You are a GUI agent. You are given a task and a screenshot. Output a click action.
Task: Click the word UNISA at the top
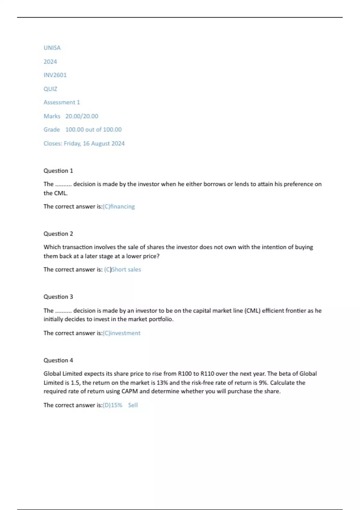pos(52,48)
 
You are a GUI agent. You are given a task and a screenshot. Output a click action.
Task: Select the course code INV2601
pos(55,75)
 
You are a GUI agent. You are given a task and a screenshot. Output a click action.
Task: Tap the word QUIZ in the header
pos(50,89)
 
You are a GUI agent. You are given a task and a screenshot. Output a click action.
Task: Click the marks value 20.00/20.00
pos(82,116)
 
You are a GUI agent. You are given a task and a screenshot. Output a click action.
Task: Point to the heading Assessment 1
pos(61,102)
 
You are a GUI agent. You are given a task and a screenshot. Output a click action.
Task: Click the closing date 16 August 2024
pos(103,143)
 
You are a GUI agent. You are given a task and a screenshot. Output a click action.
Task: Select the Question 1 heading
pos(58,171)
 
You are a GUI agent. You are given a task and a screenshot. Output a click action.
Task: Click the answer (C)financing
pos(119,206)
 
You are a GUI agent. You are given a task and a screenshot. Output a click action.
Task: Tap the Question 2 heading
pos(58,234)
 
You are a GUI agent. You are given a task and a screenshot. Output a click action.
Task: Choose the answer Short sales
pos(126,269)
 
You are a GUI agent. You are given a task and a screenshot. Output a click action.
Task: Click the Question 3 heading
pos(58,297)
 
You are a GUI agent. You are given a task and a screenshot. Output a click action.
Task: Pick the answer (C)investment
pos(121,333)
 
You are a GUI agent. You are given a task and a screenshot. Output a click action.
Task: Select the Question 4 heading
pos(58,360)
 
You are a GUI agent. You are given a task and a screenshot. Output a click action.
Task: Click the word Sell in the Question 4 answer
pos(133,405)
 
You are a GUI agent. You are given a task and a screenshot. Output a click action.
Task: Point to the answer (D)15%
pos(112,405)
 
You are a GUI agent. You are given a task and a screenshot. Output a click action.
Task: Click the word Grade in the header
pos(52,130)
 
